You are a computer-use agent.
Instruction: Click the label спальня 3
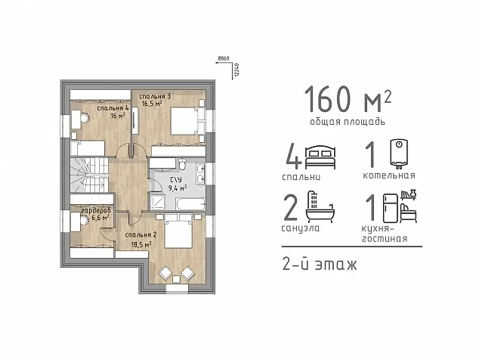pos(155,96)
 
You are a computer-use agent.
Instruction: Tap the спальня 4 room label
pos(113,108)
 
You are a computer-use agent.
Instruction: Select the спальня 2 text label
pos(141,235)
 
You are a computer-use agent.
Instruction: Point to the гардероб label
pos(96,211)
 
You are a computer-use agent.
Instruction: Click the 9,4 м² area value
pos(178,188)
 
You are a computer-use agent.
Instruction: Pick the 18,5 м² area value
pos(141,244)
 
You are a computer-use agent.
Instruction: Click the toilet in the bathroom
pos(182,164)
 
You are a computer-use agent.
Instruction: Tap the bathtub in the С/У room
pos(190,204)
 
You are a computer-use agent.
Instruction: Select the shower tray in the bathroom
pos(157,203)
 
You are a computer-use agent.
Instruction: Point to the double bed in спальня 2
pos(178,231)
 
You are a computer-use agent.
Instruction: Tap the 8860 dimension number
pos(224,58)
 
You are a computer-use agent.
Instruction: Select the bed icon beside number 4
pos(320,157)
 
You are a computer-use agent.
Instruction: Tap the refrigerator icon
pos(391,208)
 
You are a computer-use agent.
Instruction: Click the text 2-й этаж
pos(320,265)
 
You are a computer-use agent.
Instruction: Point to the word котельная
pos(389,175)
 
